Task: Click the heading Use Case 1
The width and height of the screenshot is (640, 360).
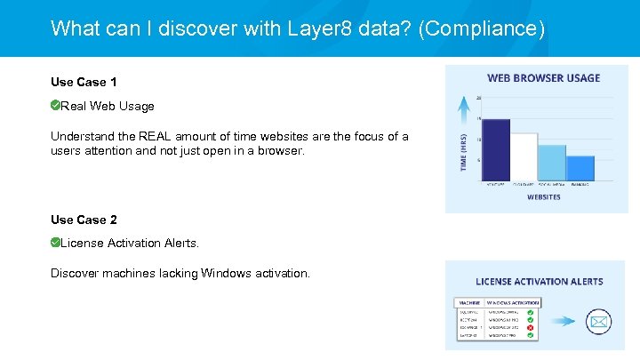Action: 84,82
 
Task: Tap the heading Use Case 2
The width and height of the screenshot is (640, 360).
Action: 84,220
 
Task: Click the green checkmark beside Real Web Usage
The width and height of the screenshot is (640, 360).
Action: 55,106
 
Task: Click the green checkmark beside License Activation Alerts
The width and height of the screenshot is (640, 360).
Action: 55,243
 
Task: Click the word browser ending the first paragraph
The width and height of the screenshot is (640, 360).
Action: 279,151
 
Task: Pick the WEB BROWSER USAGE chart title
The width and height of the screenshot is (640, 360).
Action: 543,78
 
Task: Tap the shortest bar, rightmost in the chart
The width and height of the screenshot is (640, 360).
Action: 580,169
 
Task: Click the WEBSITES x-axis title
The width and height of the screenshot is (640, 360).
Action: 543,197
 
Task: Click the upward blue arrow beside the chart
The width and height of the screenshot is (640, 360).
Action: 463,110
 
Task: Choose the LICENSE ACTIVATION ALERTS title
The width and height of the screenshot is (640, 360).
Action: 539,282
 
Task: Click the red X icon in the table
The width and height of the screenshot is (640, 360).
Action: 530,327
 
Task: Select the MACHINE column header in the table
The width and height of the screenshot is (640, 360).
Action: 468,303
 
